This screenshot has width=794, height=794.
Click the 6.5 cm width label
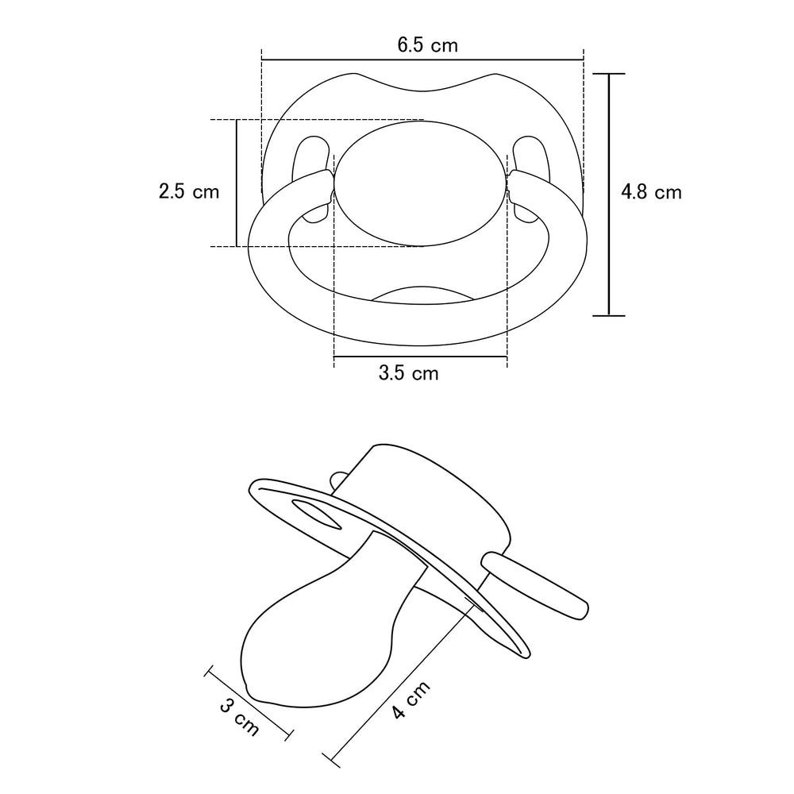click(427, 45)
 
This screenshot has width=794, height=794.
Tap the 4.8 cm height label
click(651, 192)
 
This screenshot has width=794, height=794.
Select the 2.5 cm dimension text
click(189, 191)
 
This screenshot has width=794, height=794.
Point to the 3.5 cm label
click(408, 373)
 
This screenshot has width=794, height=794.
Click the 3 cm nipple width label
click(240, 717)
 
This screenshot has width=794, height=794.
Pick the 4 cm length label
click(410, 700)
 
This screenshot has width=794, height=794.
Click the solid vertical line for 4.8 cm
click(609, 195)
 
